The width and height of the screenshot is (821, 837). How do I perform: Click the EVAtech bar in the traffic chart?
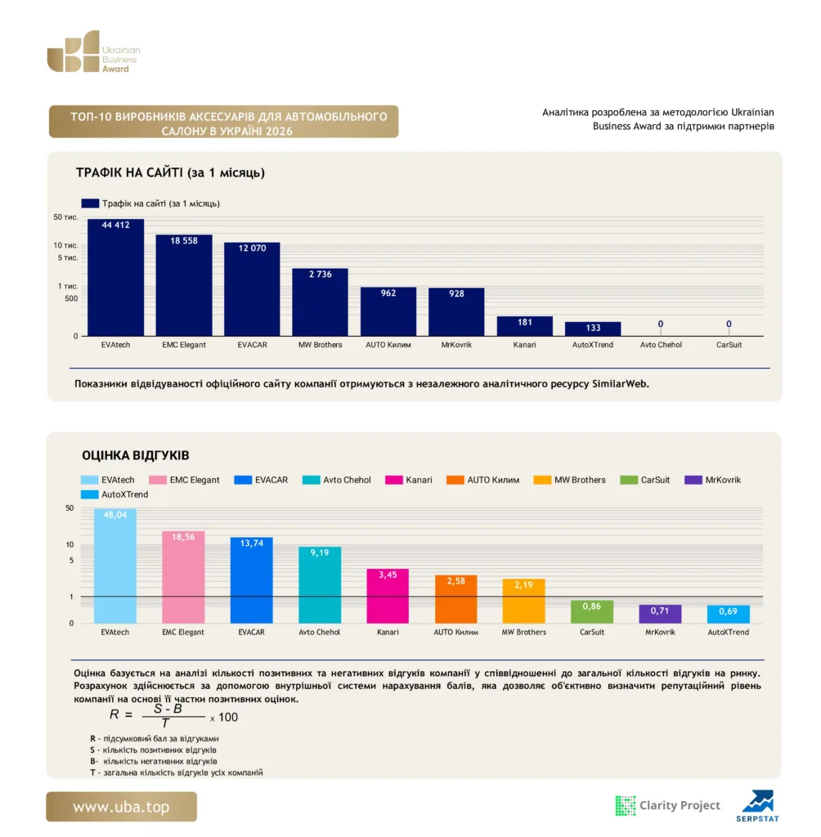pyautogui.click(x=115, y=278)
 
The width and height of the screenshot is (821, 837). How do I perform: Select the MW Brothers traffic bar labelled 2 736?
pyautogui.click(x=320, y=302)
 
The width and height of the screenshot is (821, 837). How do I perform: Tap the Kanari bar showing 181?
pyautogui.click(x=524, y=326)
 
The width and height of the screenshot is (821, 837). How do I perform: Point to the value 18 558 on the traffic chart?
pyautogui.click(x=184, y=241)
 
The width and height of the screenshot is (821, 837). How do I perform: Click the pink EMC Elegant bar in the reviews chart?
pyautogui.click(x=183, y=577)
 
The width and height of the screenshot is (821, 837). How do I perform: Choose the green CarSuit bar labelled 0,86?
pyautogui.click(x=592, y=611)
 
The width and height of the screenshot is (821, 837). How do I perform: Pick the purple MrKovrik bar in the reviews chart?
pyautogui.click(x=660, y=614)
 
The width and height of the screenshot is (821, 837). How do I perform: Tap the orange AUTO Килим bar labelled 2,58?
pyautogui.click(x=455, y=599)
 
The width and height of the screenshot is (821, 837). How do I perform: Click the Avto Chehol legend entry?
pyautogui.click(x=337, y=480)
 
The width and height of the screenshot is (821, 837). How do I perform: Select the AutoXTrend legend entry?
pyautogui.click(x=114, y=495)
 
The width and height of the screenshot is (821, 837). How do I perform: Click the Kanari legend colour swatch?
pyautogui.click(x=393, y=480)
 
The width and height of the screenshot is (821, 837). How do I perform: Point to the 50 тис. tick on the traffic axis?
pyautogui.click(x=65, y=217)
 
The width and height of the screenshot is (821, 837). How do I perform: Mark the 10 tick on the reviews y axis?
pyautogui.click(x=70, y=544)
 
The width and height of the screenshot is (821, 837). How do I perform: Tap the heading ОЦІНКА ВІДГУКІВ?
pyautogui.click(x=136, y=455)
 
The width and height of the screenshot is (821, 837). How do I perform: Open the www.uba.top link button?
pyautogui.click(x=121, y=807)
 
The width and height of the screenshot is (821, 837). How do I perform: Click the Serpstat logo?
pyautogui.click(x=757, y=806)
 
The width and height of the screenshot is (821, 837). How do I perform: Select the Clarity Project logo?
pyautogui.click(x=668, y=805)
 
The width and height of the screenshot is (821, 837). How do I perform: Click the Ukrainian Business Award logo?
pyautogui.click(x=93, y=51)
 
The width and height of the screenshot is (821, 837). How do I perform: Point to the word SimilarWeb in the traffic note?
pyautogui.click(x=620, y=384)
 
